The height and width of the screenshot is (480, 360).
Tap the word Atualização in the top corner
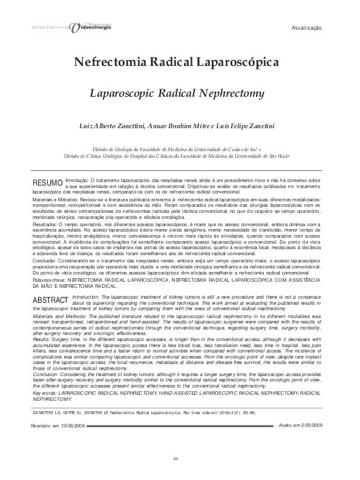click(x=307, y=28)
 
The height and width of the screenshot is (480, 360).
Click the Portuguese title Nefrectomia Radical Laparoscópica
click(x=176, y=62)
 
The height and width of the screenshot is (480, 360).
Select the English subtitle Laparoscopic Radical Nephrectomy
click(x=177, y=94)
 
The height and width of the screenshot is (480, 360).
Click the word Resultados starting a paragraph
click(x=44, y=224)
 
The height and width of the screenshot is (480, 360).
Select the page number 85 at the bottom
click(x=176, y=460)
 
